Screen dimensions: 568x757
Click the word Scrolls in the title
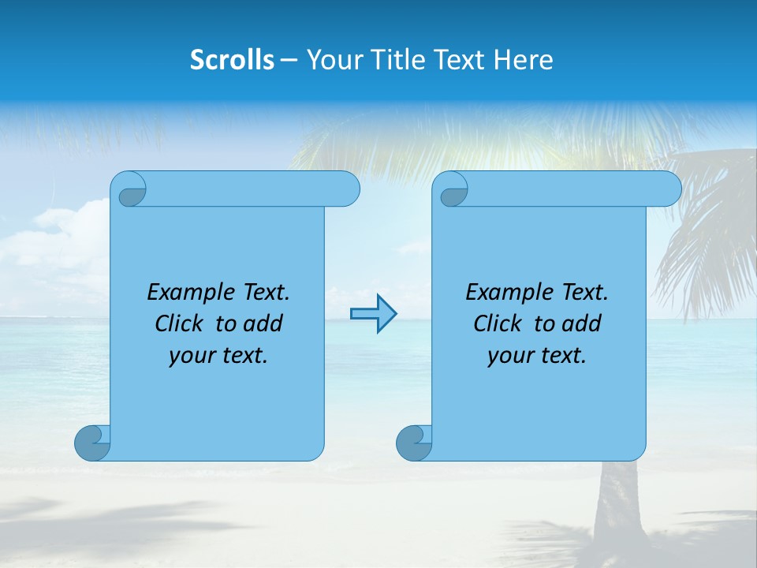point(233,60)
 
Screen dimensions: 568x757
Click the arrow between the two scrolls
point(373,314)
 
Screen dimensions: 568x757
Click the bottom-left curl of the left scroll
point(92,443)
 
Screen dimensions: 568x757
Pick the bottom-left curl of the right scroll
point(414,443)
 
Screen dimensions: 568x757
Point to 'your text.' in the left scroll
point(218,356)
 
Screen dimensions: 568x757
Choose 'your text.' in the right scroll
point(537,356)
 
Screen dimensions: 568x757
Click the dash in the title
point(289,61)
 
